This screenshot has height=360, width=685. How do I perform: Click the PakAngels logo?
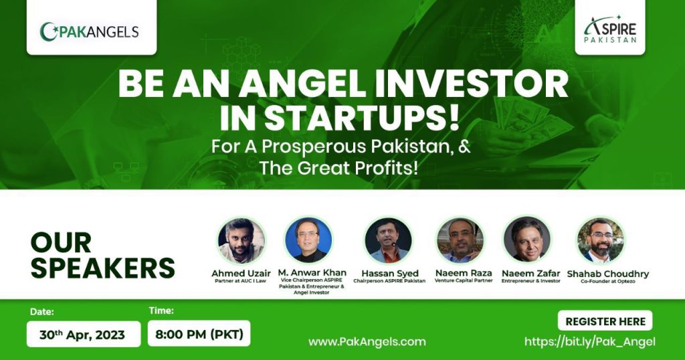click(89, 31)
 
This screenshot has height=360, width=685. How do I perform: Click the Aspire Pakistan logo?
click(610, 29)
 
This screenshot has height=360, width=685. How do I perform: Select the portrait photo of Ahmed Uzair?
click(241, 240)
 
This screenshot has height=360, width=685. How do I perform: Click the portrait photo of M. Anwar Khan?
click(308, 240)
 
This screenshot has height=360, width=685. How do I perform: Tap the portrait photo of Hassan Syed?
click(388, 240)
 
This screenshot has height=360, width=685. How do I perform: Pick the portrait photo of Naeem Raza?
click(460, 240)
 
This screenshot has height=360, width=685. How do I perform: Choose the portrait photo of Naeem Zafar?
click(527, 240)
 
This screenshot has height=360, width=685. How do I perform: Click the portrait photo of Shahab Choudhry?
click(601, 240)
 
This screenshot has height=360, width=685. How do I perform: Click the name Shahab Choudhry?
click(607, 274)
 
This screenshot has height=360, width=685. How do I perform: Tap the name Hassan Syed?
click(390, 274)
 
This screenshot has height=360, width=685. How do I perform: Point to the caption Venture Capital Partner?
click(464, 280)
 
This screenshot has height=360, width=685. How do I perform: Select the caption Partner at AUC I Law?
click(240, 281)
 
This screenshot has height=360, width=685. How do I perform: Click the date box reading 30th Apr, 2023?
click(84, 334)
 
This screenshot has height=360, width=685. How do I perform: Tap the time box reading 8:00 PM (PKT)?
click(199, 333)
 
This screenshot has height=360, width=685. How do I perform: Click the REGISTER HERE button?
click(605, 321)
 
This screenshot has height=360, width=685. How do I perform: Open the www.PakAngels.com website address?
click(367, 342)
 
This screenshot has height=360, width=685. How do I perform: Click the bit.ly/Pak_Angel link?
click(590, 342)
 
